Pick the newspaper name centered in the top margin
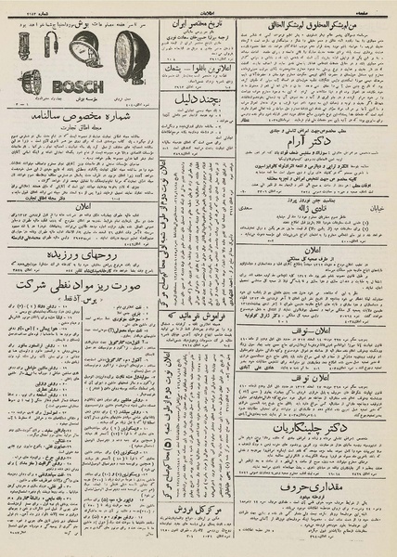pos(198,6)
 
